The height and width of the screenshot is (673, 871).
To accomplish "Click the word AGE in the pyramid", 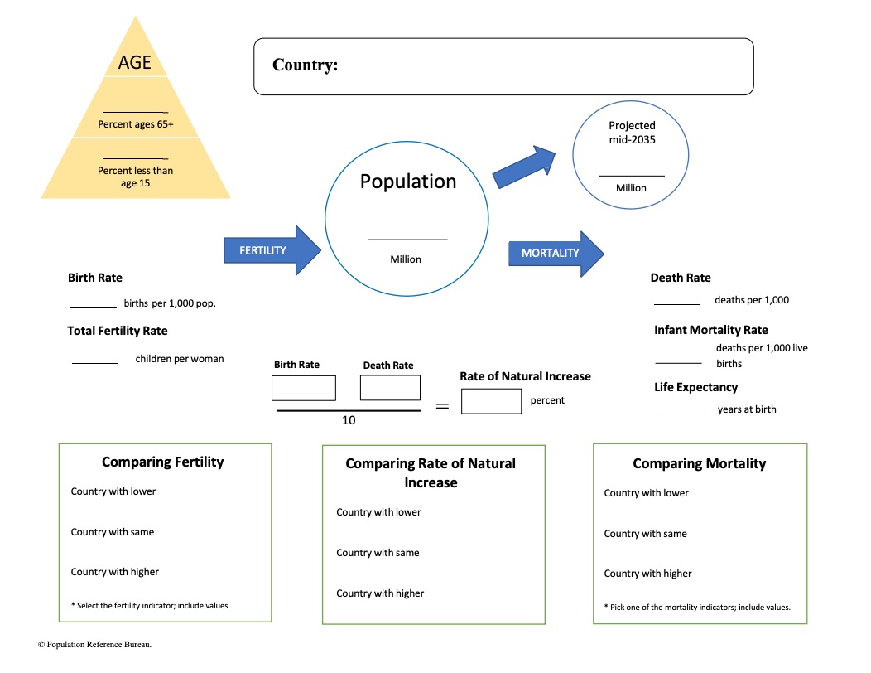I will (x=135, y=62).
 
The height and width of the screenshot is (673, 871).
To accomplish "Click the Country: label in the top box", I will (x=305, y=65).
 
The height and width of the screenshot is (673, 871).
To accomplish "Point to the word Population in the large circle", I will (x=407, y=182).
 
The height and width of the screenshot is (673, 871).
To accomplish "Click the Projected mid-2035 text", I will (x=632, y=133).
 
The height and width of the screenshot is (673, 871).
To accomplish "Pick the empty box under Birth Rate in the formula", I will (x=303, y=388).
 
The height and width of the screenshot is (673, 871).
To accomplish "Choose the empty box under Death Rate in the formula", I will (x=390, y=388).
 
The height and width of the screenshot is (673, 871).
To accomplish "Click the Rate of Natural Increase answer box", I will (x=491, y=401).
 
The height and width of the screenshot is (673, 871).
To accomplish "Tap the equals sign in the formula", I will (x=442, y=406).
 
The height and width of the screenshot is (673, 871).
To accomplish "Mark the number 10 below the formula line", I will (x=349, y=420).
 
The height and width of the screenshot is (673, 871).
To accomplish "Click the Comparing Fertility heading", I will (x=162, y=462).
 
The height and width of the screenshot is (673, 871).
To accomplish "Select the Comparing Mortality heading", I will (x=700, y=463).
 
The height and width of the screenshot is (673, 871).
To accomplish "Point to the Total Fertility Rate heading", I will (x=118, y=331).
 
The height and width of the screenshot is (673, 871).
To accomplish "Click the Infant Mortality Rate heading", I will (x=711, y=330).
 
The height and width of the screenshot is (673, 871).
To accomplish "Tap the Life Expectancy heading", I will (x=695, y=387).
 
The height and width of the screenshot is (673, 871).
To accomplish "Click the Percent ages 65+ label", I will (x=136, y=125).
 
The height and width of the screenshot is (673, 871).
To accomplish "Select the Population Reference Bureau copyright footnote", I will (x=94, y=643).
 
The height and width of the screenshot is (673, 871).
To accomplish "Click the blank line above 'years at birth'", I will (x=680, y=413).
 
